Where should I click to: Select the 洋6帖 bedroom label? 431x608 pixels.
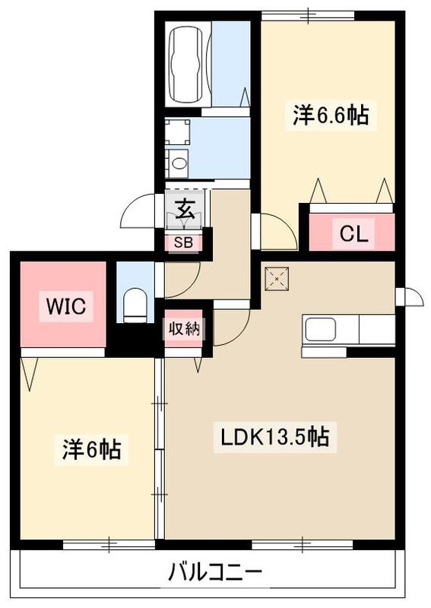tap(90, 450)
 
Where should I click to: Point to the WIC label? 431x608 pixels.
tap(68, 306)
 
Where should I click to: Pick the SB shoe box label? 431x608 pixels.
tap(184, 243)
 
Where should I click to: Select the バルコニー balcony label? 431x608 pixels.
tap(215, 572)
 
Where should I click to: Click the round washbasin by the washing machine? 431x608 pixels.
tap(179, 161)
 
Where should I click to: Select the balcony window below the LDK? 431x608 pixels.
tap(303, 544)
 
